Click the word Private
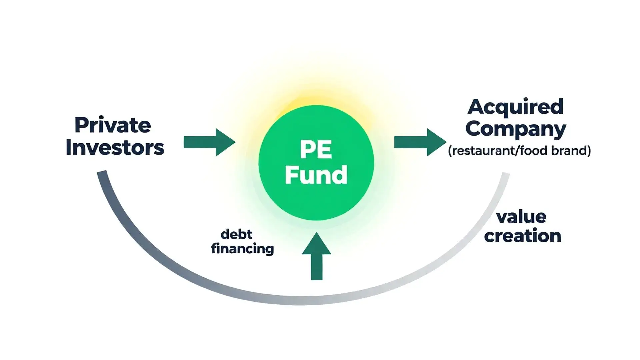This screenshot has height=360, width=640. tap(113, 126)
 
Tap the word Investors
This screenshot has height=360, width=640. tap(115, 147)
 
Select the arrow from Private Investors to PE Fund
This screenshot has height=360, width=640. tap(209, 142)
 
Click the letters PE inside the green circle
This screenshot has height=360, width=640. tap(316, 150)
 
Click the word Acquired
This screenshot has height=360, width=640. tap(515, 107)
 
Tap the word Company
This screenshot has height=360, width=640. tap(515, 129)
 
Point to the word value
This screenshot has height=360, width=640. tap(521, 217)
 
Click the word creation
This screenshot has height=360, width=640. tap(522, 236)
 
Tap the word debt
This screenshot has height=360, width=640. tap(236, 234)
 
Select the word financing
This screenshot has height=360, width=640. tap(242, 249)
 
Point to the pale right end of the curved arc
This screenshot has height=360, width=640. tap(505, 177)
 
